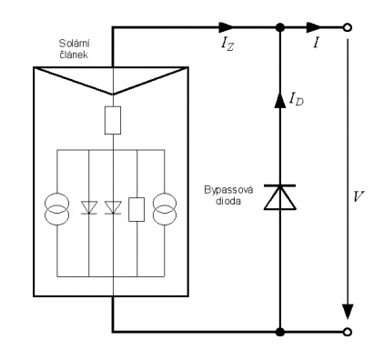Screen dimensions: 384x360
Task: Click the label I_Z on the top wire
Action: click(x=227, y=45)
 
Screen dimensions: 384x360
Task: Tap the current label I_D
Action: click(x=297, y=99)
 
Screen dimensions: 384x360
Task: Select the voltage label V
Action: click(x=359, y=196)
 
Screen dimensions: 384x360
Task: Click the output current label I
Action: click(x=317, y=44)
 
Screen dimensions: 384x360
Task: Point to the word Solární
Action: click(x=74, y=44)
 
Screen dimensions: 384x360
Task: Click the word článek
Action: click(x=75, y=55)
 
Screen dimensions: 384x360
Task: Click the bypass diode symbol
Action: click(x=279, y=197)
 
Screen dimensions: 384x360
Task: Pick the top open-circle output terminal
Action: click(x=348, y=28)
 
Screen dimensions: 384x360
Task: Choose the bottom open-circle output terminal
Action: click(x=348, y=332)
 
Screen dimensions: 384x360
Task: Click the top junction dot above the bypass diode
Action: click(x=280, y=28)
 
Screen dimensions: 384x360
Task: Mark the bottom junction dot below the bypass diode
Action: click(x=280, y=332)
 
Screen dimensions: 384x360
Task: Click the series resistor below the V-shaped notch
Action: click(x=113, y=120)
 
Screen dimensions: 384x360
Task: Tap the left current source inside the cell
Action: click(x=57, y=209)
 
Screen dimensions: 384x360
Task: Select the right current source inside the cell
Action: click(x=165, y=209)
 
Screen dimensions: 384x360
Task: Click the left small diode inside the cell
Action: click(x=89, y=207)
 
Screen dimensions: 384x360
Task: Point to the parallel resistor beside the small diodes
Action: click(x=136, y=209)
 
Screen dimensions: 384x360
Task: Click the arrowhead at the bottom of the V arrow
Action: click(x=348, y=311)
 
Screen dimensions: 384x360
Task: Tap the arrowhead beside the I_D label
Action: click(x=280, y=100)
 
